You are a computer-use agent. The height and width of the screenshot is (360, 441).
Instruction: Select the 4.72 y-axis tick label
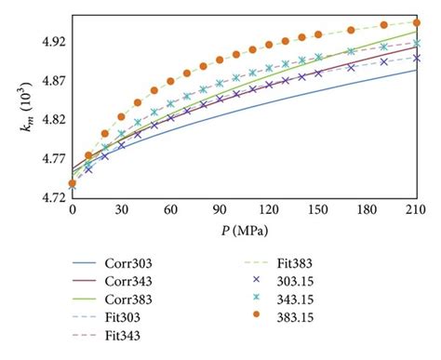[52, 197]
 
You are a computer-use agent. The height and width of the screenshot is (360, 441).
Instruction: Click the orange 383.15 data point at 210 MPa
[416, 23]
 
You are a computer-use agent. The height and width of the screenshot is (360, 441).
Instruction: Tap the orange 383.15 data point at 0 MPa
[73, 183]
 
